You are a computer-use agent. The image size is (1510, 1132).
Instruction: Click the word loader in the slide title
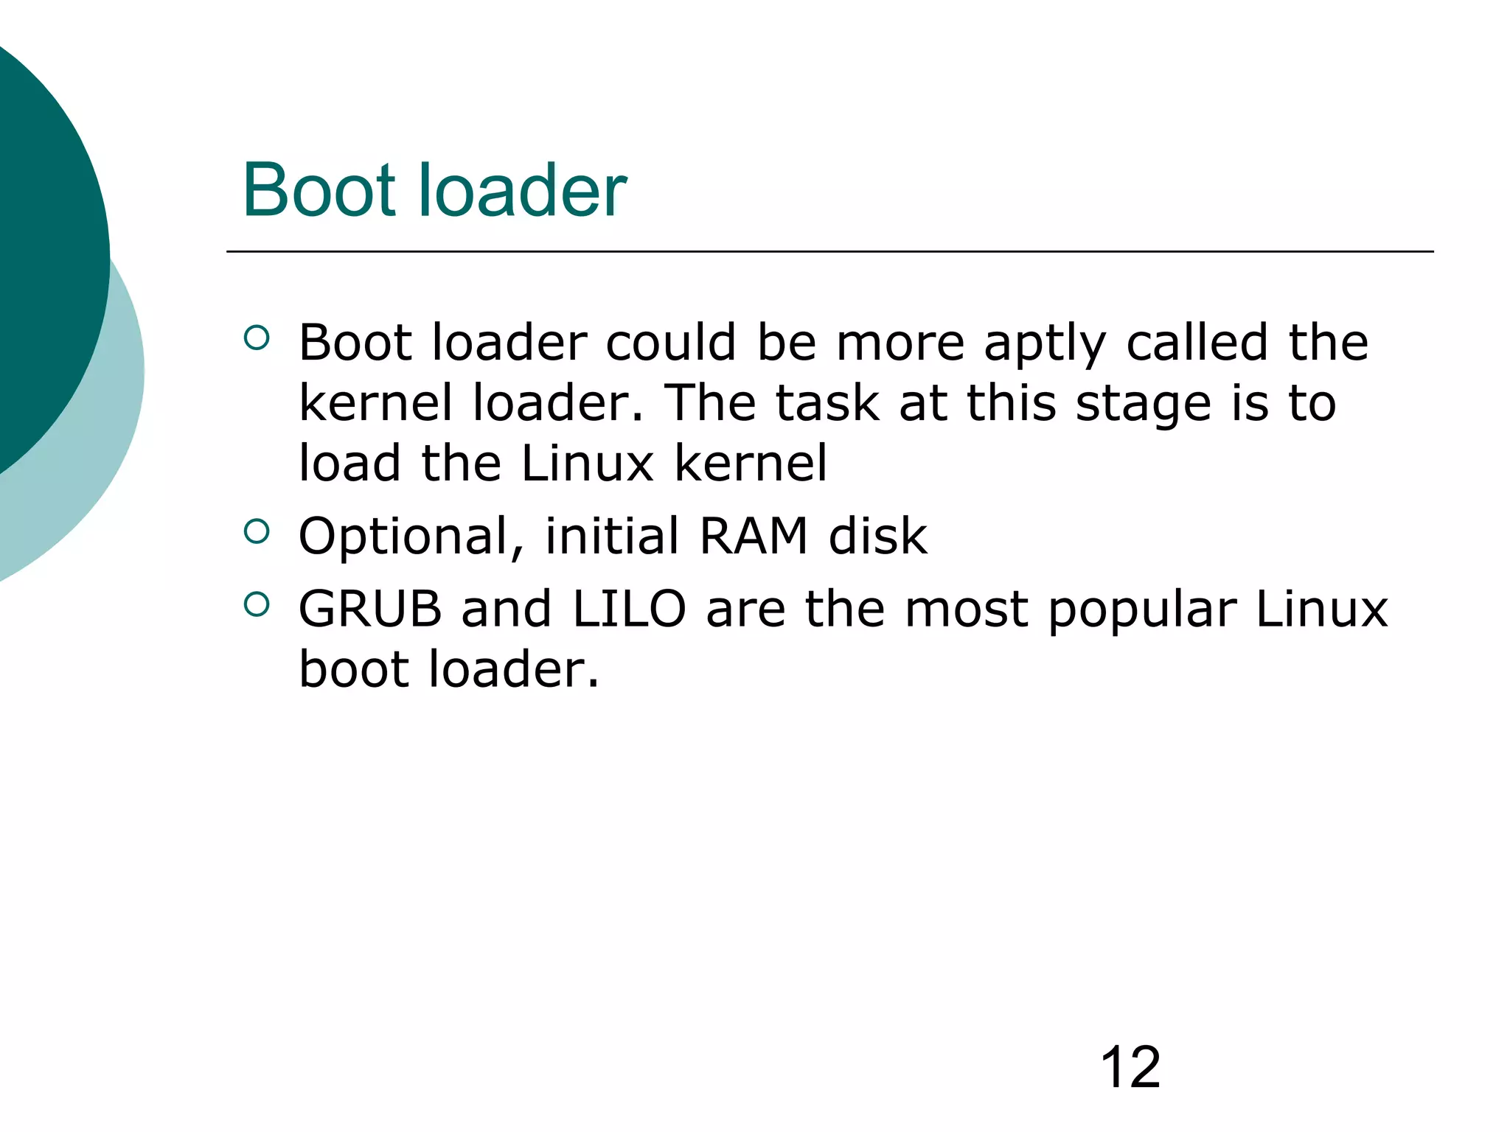(x=523, y=190)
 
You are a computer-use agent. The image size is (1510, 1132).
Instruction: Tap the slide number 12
(x=1130, y=1066)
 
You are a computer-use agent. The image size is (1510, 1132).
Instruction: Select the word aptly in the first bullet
(x=1045, y=343)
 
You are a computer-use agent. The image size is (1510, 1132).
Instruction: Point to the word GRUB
(x=369, y=609)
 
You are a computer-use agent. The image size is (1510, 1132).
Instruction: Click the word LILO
(x=629, y=609)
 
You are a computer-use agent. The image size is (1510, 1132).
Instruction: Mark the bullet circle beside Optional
(x=256, y=531)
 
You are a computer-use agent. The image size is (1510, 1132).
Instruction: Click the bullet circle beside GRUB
(x=256, y=604)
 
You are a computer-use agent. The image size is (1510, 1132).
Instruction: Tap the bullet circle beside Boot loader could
(x=256, y=338)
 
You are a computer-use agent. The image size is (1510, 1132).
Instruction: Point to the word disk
(x=877, y=536)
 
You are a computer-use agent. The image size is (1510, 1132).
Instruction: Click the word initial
(x=611, y=536)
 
